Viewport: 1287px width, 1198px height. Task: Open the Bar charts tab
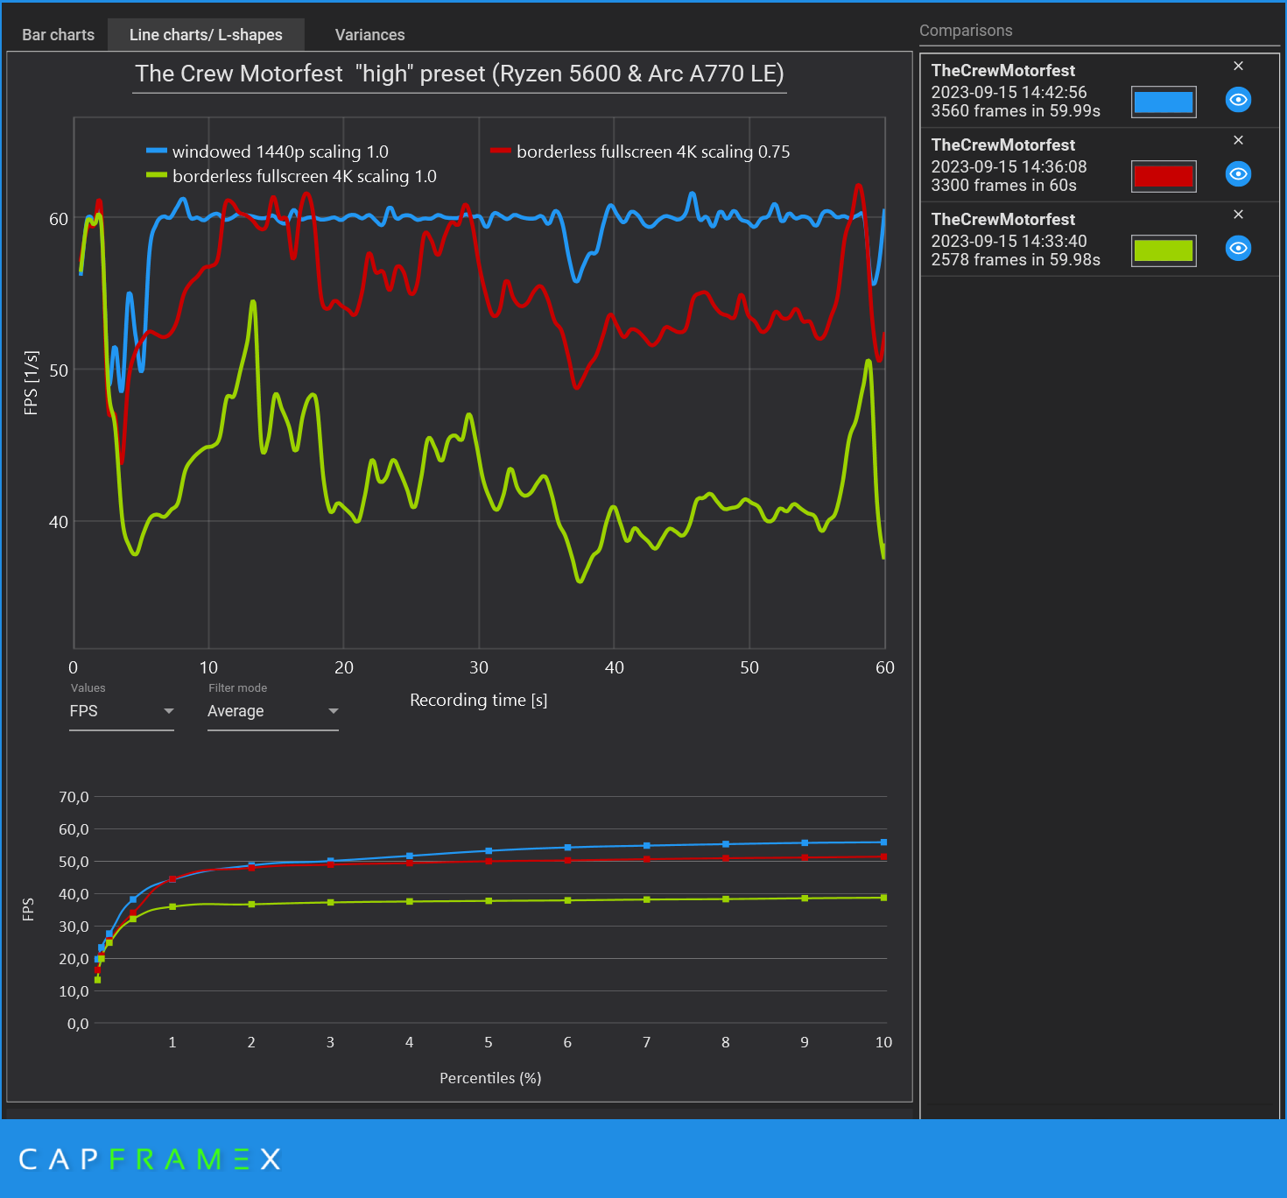tap(58, 35)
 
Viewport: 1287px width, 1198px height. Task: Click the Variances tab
tap(369, 35)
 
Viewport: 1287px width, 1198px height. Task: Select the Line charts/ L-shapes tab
tap(206, 35)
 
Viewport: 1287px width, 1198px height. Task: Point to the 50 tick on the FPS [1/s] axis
tap(58, 370)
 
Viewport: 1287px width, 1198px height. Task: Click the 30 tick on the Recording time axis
tap(479, 667)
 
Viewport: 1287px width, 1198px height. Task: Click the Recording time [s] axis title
tap(478, 700)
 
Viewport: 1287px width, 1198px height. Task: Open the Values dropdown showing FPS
tap(122, 711)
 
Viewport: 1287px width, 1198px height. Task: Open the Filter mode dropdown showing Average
tap(272, 711)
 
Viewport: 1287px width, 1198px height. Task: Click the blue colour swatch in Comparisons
tap(1163, 102)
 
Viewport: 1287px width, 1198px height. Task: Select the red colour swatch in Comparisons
tap(1163, 176)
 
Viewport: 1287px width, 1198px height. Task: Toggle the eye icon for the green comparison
tap(1238, 249)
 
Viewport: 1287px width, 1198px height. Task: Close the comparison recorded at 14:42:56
tap(1238, 66)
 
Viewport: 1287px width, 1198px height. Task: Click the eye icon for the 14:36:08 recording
tap(1238, 174)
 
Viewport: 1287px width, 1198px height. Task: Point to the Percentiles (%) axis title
tap(490, 1078)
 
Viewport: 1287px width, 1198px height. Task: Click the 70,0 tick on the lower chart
tap(74, 797)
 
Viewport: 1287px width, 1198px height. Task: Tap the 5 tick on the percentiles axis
tap(489, 1042)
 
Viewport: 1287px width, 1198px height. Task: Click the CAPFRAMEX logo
tap(150, 1159)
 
